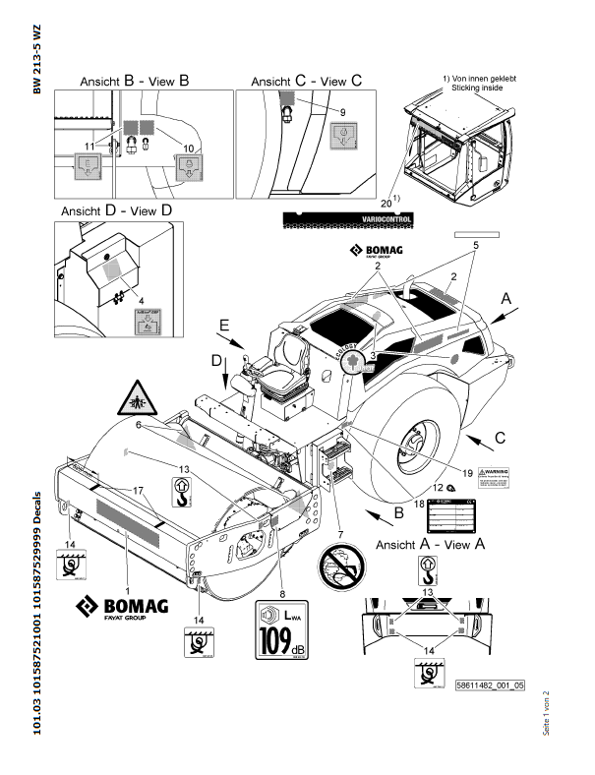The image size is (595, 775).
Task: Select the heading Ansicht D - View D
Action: [116, 210]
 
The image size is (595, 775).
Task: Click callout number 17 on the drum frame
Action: [138, 490]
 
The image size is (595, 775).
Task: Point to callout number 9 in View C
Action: [342, 113]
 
